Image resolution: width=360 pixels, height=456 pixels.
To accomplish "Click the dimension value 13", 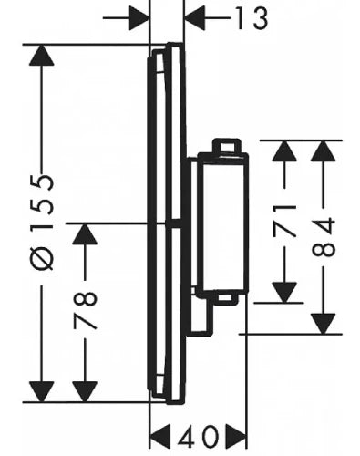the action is point(252,18).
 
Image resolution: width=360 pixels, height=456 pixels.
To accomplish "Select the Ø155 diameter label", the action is point(43,223).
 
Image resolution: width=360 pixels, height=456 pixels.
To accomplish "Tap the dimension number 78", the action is point(85,310).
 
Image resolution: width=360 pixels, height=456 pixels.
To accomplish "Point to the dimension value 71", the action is point(284,221).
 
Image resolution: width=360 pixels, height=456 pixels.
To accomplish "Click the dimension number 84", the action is point(324,237).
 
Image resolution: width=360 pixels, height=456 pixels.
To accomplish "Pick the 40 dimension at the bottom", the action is point(198,436).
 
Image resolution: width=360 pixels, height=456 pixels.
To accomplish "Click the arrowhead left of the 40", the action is point(160,436).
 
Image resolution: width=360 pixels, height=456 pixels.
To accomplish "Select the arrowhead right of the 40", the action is point(236,436).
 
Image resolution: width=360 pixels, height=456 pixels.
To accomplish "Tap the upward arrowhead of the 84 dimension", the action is point(324,151).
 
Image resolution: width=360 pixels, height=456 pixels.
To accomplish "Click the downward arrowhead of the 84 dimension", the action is point(324,324).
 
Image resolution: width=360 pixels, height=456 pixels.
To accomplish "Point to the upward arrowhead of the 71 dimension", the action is point(284,151).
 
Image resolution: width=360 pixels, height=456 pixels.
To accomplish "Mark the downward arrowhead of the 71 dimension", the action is point(284,293).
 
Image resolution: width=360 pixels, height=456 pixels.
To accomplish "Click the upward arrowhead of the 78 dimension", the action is point(85,233).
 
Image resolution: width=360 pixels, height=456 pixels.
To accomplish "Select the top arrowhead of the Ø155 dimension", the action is point(42,55).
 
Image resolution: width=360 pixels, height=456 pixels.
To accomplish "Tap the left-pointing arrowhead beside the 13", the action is point(195,18).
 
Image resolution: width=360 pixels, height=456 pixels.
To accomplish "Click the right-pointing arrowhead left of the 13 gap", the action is point(139,18).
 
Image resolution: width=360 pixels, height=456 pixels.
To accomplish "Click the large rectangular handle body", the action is point(223,224).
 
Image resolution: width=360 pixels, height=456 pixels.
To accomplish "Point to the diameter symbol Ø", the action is point(43,259).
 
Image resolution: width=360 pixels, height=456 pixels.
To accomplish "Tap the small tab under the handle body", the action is point(228,299).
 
